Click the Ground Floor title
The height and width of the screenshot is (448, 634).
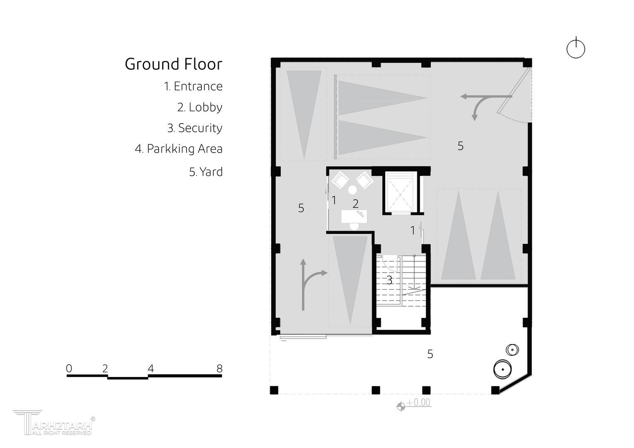coord(174,64)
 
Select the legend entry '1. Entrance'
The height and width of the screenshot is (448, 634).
coord(193,86)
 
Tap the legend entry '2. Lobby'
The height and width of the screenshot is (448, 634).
coord(200,107)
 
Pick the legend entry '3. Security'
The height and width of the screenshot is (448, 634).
coord(195,128)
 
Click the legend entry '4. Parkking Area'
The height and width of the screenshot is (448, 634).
coord(179,149)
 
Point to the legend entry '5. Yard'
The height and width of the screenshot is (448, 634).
coord(206,172)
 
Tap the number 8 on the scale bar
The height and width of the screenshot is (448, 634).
coord(219,368)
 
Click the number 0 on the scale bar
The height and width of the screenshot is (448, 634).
coord(69,368)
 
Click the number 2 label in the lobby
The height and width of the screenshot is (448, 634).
coord(355,204)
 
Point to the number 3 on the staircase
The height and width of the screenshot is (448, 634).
coord(389,280)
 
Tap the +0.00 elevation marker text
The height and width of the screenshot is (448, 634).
coord(419,402)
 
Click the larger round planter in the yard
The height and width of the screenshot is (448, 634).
coord(503,369)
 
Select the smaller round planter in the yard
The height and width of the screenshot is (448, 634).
coord(512,350)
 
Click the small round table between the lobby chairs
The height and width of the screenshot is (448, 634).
coord(352,190)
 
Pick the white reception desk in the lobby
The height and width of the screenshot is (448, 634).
coord(354,217)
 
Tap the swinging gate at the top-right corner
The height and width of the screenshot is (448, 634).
coord(513,90)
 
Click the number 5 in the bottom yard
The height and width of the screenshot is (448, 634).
coord(430,354)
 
